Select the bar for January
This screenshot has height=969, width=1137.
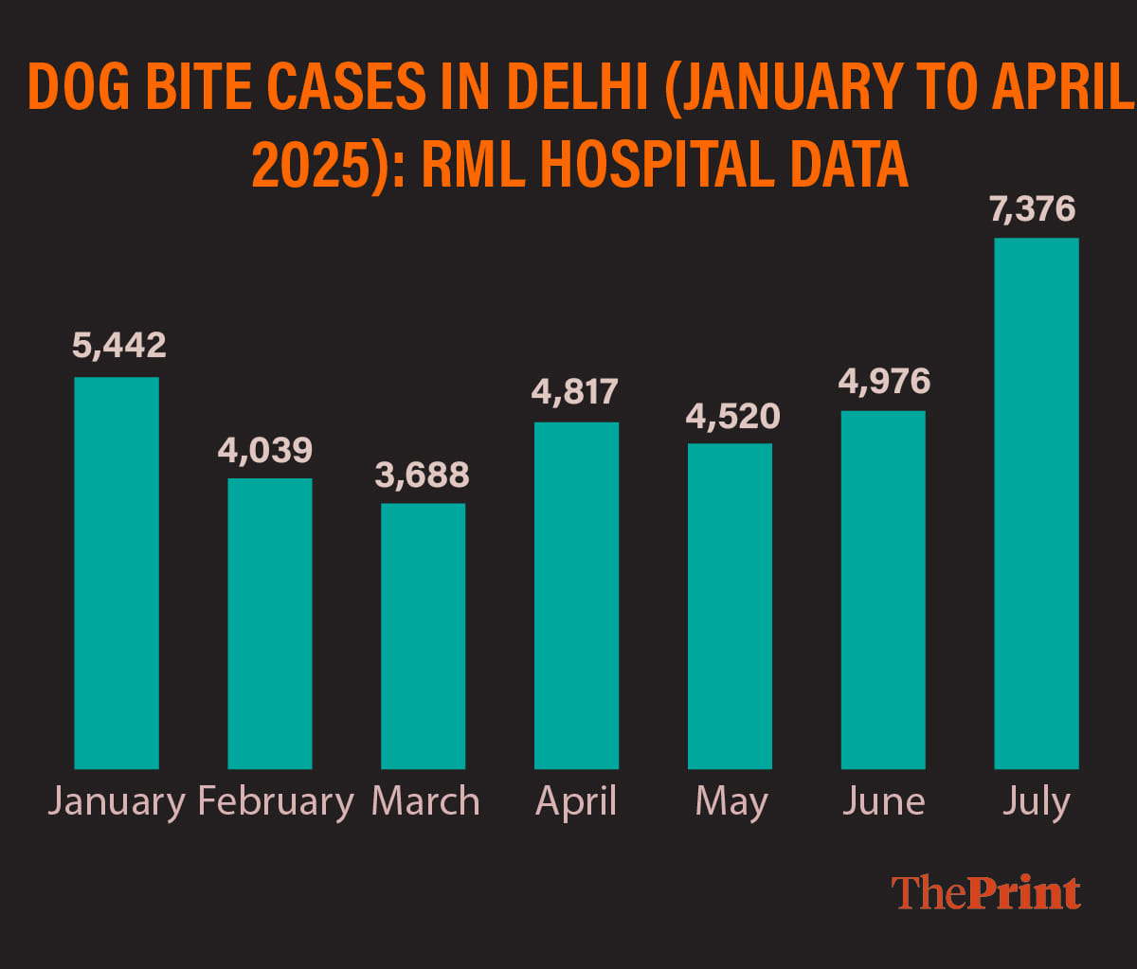point(117,573)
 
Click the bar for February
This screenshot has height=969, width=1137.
point(270,623)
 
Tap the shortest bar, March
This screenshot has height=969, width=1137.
point(423,636)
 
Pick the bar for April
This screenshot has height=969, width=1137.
point(576,595)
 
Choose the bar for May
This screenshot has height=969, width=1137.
point(730,606)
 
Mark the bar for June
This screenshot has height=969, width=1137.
point(883,589)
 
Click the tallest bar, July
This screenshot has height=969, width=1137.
point(1037,503)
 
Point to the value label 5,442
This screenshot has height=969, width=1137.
point(119,346)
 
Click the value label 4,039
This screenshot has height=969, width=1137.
point(265,450)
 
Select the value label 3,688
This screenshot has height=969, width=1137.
point(423,475)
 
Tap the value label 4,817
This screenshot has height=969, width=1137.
point(575,391)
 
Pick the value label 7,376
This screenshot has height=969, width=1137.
point(1033,208)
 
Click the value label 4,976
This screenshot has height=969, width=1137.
point(884,381)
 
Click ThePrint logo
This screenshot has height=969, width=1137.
point(985,893)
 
